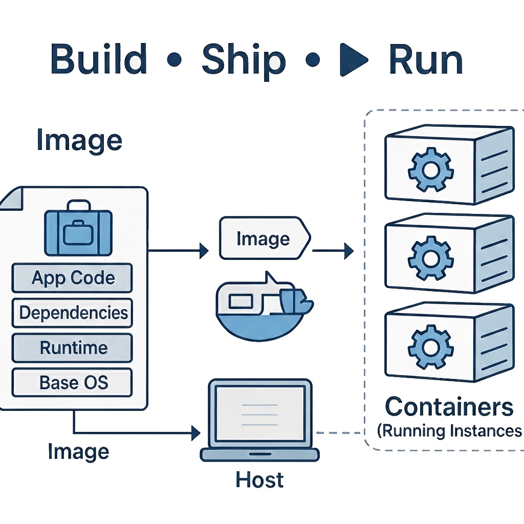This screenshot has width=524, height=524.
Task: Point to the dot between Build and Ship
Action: [175, 60]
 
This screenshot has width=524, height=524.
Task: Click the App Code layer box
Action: [72, 278]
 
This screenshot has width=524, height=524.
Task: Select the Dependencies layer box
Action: [72, 313]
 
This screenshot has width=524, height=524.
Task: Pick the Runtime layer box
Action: [72, 348]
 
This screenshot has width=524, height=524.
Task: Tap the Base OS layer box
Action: [72, 382]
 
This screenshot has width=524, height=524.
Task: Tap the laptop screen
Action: [259, 412]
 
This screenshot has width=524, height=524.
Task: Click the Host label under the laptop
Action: [259, 480]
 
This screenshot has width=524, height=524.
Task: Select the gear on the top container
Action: [429, 169]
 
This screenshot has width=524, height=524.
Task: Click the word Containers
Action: [449, 407]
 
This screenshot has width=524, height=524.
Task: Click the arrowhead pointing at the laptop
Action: [195, 433]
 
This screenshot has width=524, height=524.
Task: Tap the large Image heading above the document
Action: [79, 140]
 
